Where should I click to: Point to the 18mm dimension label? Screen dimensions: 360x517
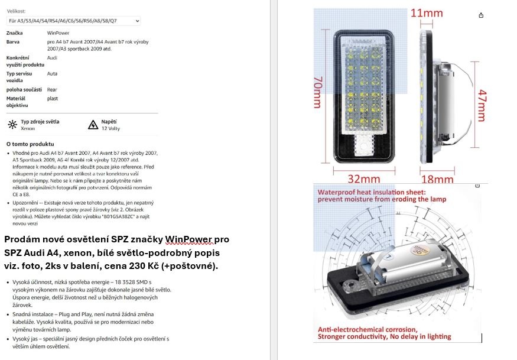click(437, 179)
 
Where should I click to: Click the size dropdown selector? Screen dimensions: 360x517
click(73, 21)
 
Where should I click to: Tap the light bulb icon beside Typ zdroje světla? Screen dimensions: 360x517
click(12, 125)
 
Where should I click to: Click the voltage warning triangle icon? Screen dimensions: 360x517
click(93, 125)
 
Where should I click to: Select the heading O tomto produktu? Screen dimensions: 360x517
click(30, 144)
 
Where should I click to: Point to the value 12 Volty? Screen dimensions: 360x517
click(110, 128)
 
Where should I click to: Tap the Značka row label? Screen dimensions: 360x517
click(14, 33)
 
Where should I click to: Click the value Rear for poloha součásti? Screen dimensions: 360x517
click(52, 89)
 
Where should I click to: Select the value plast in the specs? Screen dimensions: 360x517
click(53, 99)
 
